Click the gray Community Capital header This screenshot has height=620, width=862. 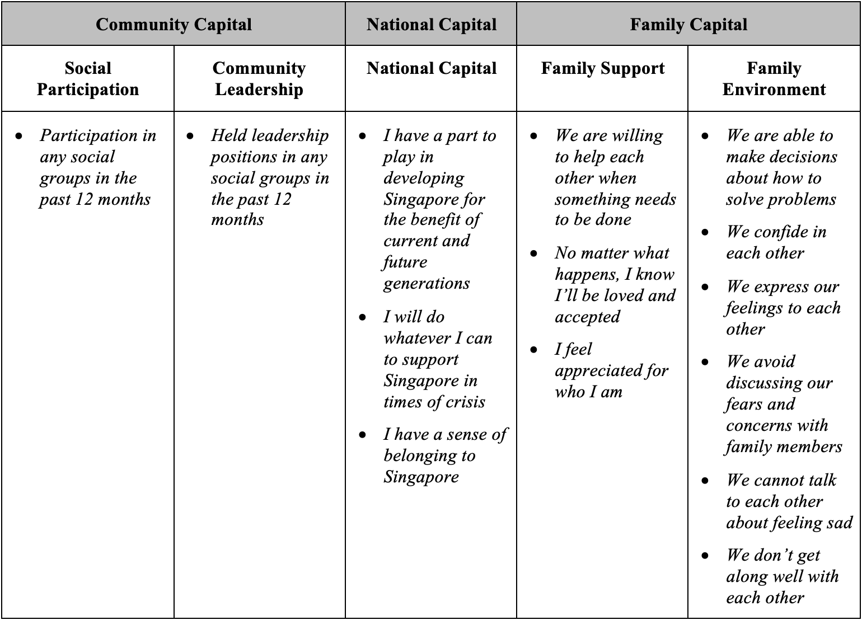click(x=174, y=25)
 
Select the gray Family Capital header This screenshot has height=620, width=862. click(x=688, y=25)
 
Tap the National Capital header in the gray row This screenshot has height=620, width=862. click(x=432, y=25)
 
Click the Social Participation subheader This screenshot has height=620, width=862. click(x=88, y=79)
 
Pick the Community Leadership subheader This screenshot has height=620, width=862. click(x=259, y=79)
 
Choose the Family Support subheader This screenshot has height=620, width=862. click(x=603, y=68)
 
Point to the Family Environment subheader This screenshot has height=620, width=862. click(x=774, y=79)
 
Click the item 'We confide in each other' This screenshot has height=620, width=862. click(x=776, y=242)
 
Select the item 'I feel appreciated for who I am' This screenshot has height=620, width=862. click(x=611, y=370)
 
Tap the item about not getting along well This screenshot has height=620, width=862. click(x=782, y=576)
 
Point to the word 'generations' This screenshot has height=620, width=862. click(x=427, y=283)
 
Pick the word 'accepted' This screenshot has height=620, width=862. click(x=587, y=317)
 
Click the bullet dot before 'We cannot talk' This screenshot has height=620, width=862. click(x=705, y=480)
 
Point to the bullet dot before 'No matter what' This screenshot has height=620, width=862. click(x=534, y=253)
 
